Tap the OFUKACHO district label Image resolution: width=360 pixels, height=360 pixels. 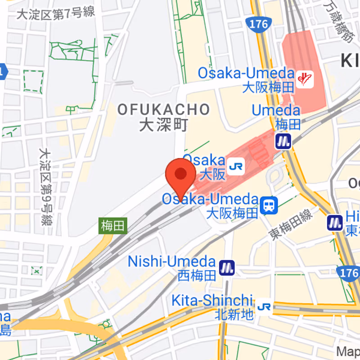[x=164, y=109]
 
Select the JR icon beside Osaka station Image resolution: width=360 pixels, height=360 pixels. [x=236, y=167]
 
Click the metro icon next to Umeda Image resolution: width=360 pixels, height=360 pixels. [x=283, y=141]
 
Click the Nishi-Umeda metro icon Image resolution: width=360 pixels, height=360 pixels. [x=227, y=268]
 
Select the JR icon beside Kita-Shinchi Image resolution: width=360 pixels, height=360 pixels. [x=264, y=307]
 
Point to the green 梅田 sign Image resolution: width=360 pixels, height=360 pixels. [x=112, y=226]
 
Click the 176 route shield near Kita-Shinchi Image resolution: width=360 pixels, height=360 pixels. [x=347, y=273]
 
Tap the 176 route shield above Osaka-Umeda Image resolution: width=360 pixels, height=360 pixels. [x=257, y=24]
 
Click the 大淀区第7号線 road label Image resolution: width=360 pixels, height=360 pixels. [x=56, y=13]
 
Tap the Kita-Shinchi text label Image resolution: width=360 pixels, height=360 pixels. [x=211, y=301]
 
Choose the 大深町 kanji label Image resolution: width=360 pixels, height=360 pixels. [x=163, y=125]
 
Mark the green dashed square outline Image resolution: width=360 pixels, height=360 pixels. [x=33, y=81]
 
